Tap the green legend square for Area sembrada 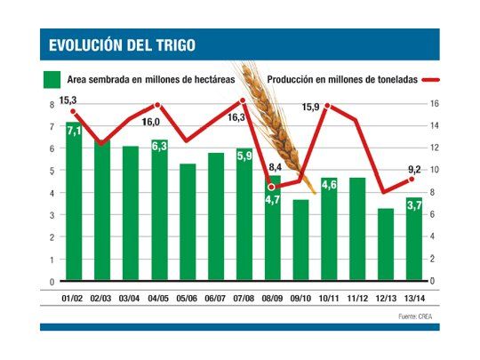[x=52, y=77]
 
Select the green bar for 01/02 [x=74, y=204]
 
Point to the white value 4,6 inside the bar [x=329, y=185]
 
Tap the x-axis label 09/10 [x=300, y=294]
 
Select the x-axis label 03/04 [x=131, y=294]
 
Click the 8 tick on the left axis [x=52, y=104]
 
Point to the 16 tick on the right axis [x=433, y=104]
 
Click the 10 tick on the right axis [x=433, y=171]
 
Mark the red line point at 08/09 [x=272, y=187]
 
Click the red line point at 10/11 [x=328, y=105]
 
